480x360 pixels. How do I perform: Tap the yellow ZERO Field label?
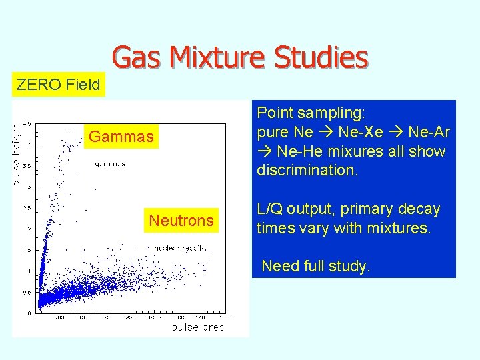pos(58,85)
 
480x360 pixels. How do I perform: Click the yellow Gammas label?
pos(121,137)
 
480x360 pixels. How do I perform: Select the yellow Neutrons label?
pos(181,220)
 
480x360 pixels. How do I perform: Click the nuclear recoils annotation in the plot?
pos(181,248)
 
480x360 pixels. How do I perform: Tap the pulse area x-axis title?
pos(198,327)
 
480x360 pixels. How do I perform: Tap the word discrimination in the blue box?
pos(307,170)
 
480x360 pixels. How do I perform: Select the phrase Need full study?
pos(315,267)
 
